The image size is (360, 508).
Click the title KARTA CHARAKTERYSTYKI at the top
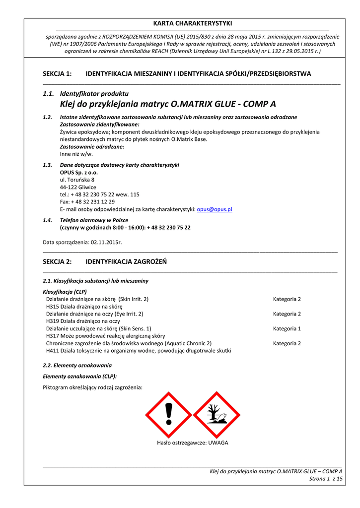(x=192, y=23)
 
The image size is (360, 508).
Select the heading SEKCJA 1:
(x=58, y=74)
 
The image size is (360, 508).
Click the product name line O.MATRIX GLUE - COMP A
(x=168, y=104)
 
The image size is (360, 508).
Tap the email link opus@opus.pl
(x=215, y=209)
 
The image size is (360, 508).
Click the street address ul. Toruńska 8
(x=77, y=180)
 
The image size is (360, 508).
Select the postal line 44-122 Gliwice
(x=78, y=187)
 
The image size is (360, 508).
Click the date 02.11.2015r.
(x=106, y=242)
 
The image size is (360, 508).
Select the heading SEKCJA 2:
(x=58, y=261)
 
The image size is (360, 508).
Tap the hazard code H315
(x=53, y=307)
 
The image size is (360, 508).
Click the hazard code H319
(x=53, y=321)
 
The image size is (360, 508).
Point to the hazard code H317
(x=53, y=336)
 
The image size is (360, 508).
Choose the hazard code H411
(x=53, y=350)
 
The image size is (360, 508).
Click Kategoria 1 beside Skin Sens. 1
(x=287, y=328)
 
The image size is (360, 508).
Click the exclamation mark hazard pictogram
(x=169, y=415)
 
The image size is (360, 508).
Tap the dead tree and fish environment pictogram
(x=216, y=415)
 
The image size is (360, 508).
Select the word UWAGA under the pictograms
(x=218, y=443)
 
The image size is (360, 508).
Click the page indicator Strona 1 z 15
(x=326, y=478)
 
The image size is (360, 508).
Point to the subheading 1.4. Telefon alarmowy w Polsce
(x=94, y=220)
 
